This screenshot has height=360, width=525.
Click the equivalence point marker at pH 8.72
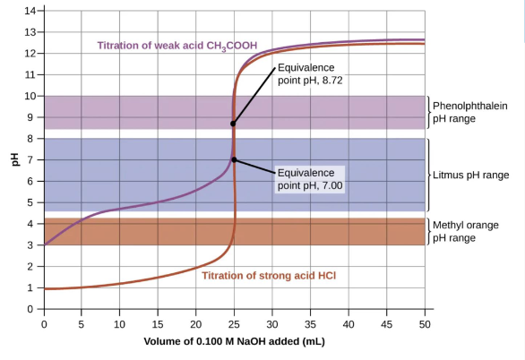[x=233, y=124]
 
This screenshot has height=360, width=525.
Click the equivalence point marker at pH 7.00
[x=235, y=159]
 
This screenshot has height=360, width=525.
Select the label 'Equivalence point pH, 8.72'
[x=310, y=73]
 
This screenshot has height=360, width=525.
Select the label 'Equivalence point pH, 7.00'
[x=310, y=178]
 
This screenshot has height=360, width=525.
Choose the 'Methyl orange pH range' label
[x=466, y=231]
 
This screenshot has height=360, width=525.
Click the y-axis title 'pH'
[x=14, y=160]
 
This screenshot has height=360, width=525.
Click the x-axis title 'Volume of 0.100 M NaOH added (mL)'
[x=235, y=342]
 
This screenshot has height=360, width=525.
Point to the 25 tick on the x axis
[x=235, y=323]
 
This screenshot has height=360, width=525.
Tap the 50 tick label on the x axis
[x=426, y=323]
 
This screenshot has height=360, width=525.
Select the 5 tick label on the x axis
[x=82, y=323]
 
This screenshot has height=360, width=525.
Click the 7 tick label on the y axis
[x=32, y=160]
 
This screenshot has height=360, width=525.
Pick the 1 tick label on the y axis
[x=32, y=288]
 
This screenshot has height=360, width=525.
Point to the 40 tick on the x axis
[x=349, y=323]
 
